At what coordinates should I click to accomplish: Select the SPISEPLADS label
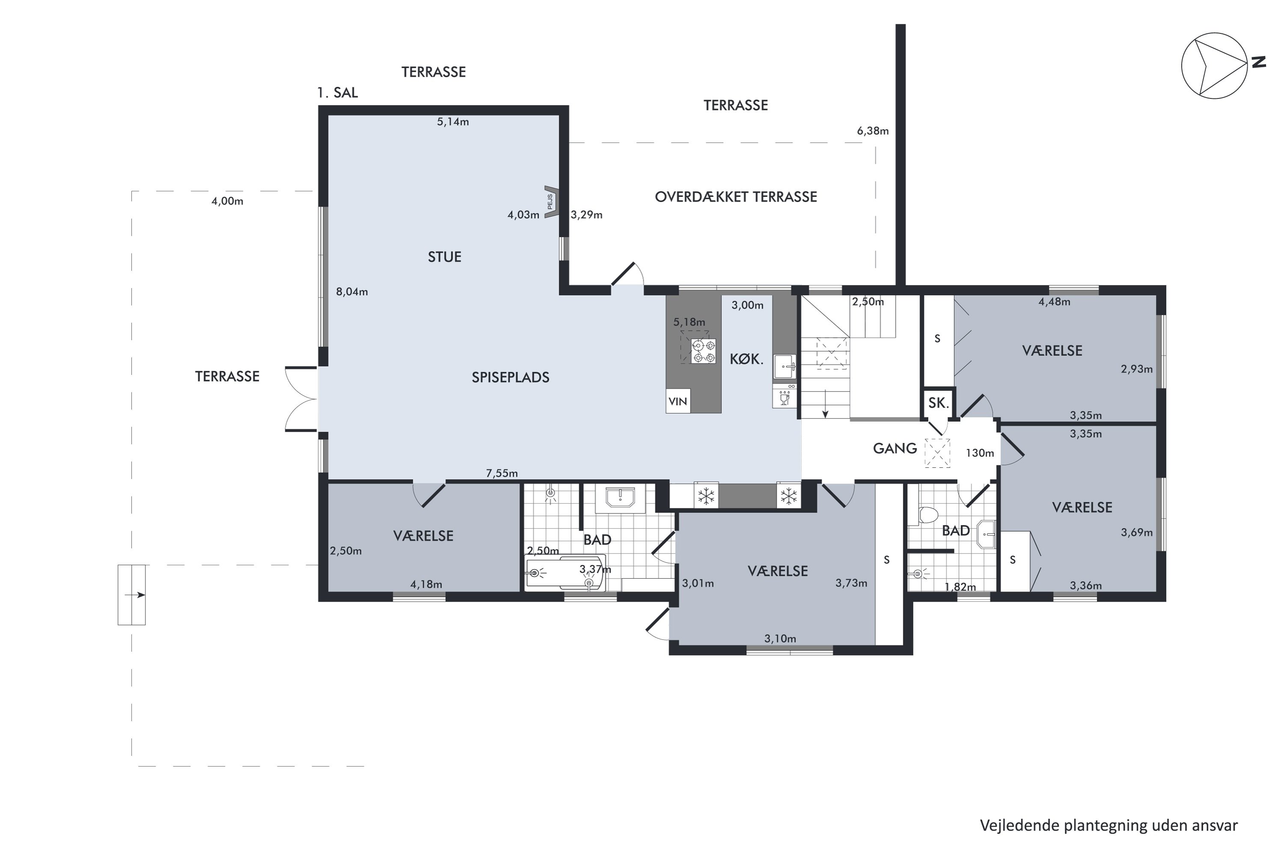click(511, 377)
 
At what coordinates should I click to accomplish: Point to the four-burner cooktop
click(703, 351)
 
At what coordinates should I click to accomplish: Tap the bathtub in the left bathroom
click(565, 573)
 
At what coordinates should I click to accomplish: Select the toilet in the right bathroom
click(928, 515)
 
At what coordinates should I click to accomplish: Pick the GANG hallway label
click(895, 449)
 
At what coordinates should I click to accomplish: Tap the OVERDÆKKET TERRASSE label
click(736, 197)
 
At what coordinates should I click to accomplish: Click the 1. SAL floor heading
click(337, 93)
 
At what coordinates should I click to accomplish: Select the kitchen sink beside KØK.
click(785, 366)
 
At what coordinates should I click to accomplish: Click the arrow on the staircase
click(826, 404)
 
